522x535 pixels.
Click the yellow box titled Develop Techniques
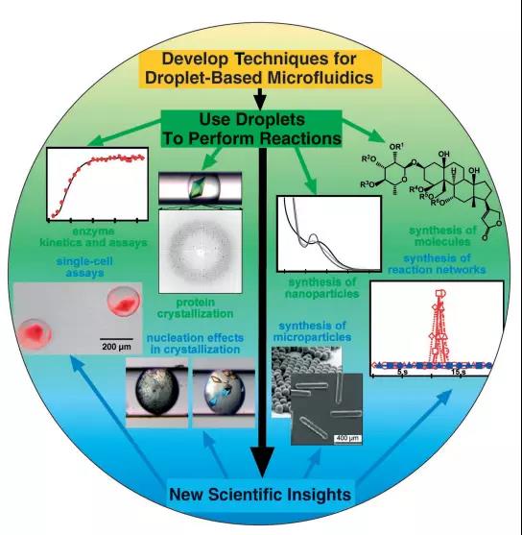[261, 69]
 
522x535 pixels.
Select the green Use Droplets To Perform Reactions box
[251, 129]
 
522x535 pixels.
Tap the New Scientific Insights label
[260, 495]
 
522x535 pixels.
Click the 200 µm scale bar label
[116, 347]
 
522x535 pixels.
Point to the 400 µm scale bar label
[347, 438]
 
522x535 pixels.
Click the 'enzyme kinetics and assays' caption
[94, 237]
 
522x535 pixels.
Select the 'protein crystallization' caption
[195, 308]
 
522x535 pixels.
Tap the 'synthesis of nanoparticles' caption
[321, 288]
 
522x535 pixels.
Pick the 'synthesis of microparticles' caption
[312, 331]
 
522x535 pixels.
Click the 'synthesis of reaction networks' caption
[437, 264]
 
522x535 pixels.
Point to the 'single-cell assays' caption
[84, 267]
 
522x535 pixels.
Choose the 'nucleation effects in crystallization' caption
[195, 344]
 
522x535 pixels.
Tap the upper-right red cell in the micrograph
[123, 302]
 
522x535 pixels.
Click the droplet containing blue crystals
[224, 393]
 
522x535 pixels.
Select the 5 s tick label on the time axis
[402, 372]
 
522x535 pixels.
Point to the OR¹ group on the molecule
[396, 147]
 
